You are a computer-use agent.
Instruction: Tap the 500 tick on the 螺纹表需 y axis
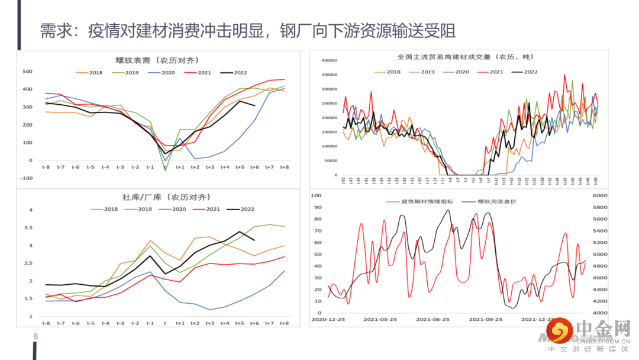tap(27, 72)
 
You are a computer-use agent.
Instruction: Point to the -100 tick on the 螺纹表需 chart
tap(26, 178)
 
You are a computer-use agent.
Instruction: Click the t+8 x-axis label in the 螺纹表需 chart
tap(284, 168)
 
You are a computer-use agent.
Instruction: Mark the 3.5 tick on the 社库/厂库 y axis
tap(28, 228)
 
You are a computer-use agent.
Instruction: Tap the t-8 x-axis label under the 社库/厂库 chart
tap(46, 323)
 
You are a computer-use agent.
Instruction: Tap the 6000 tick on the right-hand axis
tap(600, 195)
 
